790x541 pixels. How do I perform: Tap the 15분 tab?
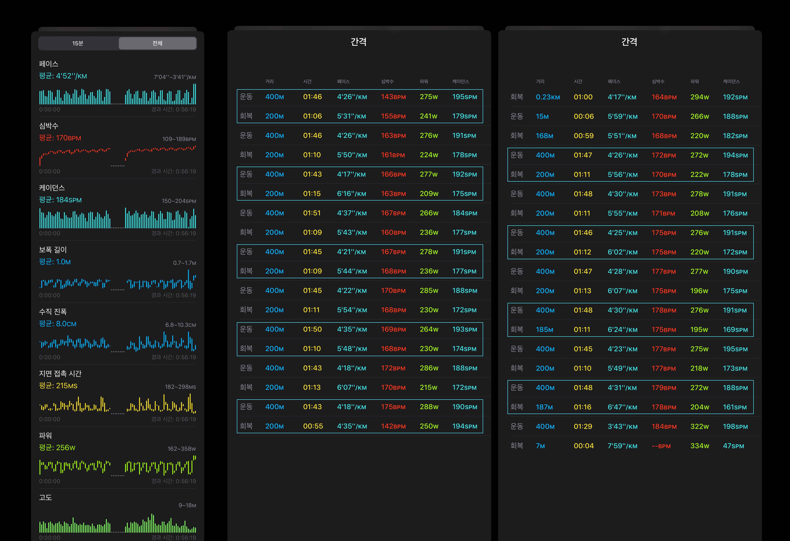click(78, 43)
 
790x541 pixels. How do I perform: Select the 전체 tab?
click(157, 43)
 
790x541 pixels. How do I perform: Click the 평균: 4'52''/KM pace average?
click(63, 76)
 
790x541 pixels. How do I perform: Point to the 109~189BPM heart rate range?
click(179, 139)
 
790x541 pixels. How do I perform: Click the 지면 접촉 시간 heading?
click(60, 373)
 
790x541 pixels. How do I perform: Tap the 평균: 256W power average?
click(57, 447)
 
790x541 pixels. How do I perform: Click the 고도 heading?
click(46, 497)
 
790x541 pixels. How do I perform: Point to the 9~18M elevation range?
click(187, 505)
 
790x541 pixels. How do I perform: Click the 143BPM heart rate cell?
click(393, 97)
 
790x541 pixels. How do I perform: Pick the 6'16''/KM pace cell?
click(352, 194)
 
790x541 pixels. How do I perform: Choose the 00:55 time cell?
click(313, 426)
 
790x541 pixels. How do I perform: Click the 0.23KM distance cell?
click(548, 97)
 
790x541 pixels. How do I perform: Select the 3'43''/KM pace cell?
click(622, 426)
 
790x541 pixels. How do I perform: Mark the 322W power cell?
click(700, 426)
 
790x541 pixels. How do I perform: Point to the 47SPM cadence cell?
click(733, 446)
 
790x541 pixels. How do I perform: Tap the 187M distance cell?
click(544, 407)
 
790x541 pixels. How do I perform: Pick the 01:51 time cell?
click(312, 213)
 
